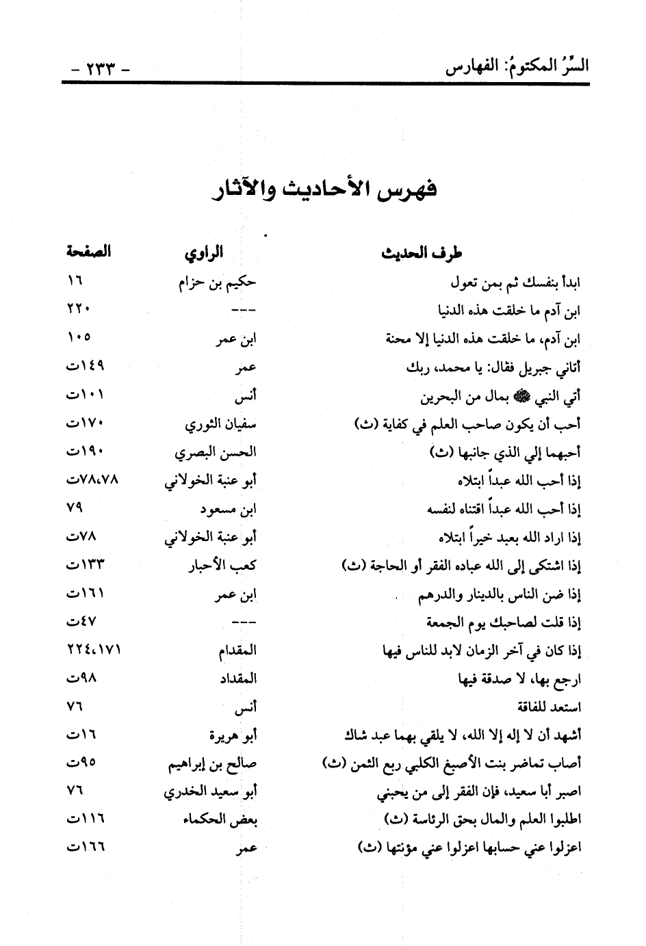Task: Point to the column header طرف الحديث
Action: click(x=422, y=254)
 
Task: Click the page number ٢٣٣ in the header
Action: click(x=100, y=68)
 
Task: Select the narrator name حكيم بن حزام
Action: click(x=216, y=283)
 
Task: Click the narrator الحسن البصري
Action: click(x=215, y=452)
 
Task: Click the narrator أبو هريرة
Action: click(x=231, y=735)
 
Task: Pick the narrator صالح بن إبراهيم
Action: click(x=212, y=764)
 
